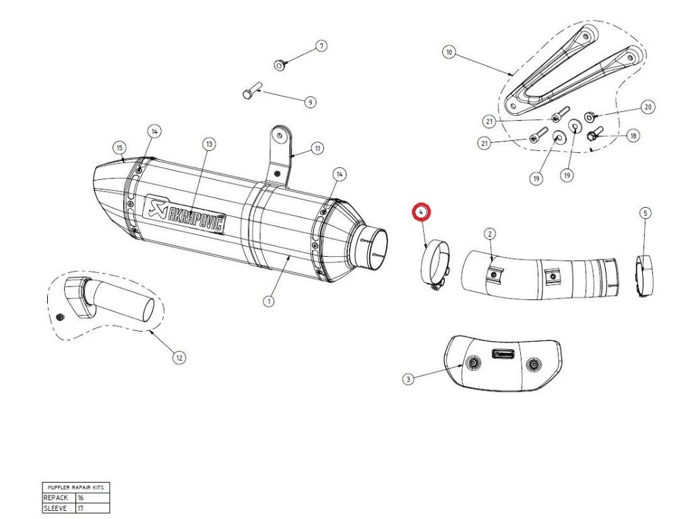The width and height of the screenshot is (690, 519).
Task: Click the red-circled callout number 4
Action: [x=422, y=212]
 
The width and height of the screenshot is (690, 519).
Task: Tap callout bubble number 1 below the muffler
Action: [x=269, y=301]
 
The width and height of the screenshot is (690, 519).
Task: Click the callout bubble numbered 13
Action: [x=209, y=144]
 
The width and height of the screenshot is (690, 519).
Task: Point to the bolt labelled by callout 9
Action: [x=251, y=92]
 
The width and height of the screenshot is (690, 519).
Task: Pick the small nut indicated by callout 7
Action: [x=279, y=65]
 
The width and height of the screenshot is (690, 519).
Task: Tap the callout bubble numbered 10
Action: [x=449, y=52]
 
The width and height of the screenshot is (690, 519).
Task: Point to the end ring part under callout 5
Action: [x=645, y=274]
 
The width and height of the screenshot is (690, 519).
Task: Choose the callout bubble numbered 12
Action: [x=179, y=358]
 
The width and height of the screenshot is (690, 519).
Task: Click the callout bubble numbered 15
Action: [x=119, y=148]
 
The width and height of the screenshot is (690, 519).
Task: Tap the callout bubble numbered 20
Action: [x=648, y=106]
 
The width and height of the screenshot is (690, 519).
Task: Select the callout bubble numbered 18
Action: [x=633, y=135]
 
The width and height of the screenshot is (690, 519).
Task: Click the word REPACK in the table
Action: [x=56, y=497]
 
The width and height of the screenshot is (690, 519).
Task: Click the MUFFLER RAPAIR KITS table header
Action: [x=75, y=487]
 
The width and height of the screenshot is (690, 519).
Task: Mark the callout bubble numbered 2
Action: [x=490, y=233]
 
